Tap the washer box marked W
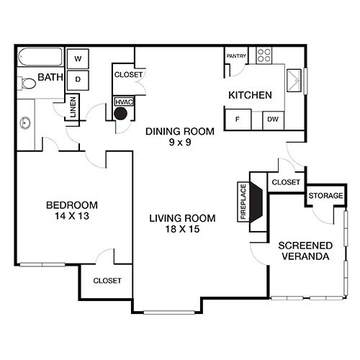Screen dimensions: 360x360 coord(77,58)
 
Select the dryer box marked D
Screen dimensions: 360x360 coord(77,78)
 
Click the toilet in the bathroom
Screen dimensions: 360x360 coord(27,84)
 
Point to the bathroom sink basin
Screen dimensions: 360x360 coord(25,123)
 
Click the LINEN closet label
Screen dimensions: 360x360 coord(73,109)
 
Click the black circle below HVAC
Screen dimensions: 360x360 coord(122,113)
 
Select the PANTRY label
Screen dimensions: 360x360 coord(236,56)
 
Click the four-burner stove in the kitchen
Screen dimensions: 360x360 coord(264,54)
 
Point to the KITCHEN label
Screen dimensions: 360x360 coord(250,95)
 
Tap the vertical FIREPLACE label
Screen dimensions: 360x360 coord(243,201)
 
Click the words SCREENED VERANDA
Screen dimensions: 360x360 coord(304,251)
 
